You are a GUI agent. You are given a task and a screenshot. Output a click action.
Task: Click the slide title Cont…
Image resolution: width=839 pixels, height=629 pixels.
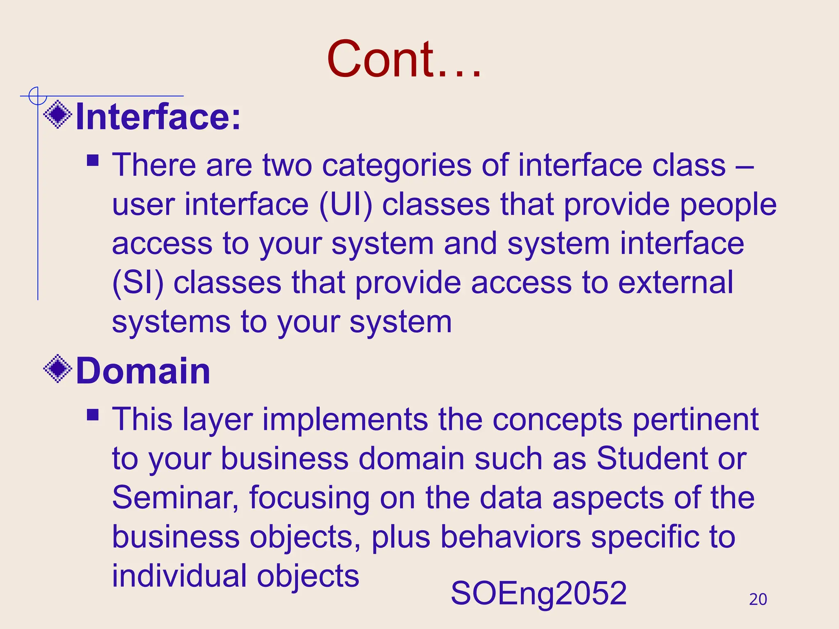click(x=404, y=59)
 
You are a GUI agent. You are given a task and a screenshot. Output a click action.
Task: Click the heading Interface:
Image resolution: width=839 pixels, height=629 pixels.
click(x=159, y=117)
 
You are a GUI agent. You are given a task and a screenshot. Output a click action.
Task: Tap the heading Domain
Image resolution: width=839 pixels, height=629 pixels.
click(x=143, y=371)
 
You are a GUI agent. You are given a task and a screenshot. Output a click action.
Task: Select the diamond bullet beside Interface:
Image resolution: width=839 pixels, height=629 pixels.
click(x=58, y=115)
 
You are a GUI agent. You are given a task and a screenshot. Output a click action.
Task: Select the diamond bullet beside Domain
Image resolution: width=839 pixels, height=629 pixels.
click(x=58, y=369)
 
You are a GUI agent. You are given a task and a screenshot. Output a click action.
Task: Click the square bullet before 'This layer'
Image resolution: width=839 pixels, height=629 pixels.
click(x=93, y=415)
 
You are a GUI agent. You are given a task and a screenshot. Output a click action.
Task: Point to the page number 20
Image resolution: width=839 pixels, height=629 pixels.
click(x=757, y=600)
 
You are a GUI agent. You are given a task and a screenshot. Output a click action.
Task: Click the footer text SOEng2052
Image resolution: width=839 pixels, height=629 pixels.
click(x=538, y=593)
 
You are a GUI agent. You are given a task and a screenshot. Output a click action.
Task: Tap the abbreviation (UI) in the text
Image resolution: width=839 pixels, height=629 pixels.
click(x=346, y=205)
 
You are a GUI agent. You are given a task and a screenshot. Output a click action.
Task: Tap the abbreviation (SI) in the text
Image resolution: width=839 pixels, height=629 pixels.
click(x=138, y=283)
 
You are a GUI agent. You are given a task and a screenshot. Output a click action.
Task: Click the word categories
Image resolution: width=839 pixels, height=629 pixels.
click(x=397, y=165)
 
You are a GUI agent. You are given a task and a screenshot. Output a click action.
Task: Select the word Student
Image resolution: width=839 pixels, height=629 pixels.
click(x=652, y=458)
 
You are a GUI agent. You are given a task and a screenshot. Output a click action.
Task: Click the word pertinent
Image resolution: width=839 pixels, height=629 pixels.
click(x=695, y=420)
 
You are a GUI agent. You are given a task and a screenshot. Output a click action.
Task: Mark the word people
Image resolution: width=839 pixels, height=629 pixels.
click(x=728, y=205)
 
